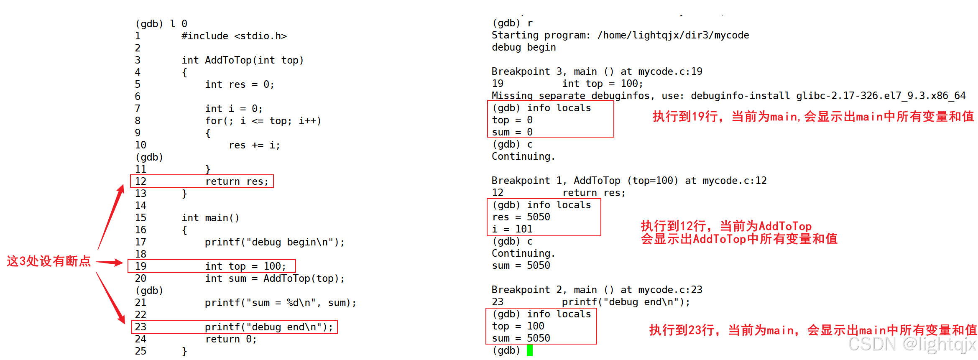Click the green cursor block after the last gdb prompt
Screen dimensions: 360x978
click(x=529, y=350)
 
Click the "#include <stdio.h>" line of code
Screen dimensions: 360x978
click(x=234, y=36)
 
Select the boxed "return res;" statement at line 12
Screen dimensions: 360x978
click(x=237, y=181)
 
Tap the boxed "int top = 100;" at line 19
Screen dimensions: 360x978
click(x=245, y=266)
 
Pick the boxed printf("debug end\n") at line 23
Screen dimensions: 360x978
click(x=268, y=327)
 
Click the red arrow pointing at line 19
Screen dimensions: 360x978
click(x=110, y=263)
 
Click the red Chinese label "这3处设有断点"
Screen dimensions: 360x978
click(x=49, y=261)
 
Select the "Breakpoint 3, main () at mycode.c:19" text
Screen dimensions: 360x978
click(x=597, y=72)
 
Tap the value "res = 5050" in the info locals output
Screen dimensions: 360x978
click(x=521, y=217)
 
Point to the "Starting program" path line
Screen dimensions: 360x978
click(x=620, y=36)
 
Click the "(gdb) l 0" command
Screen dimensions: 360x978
click(x=161, y=24)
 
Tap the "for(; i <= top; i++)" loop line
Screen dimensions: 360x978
click(x=263, y=121)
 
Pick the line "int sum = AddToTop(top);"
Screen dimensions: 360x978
click(x=275, y=278)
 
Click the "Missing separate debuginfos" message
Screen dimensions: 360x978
click(x=728, y=96)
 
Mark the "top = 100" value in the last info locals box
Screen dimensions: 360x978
click(x=518, y=326)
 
